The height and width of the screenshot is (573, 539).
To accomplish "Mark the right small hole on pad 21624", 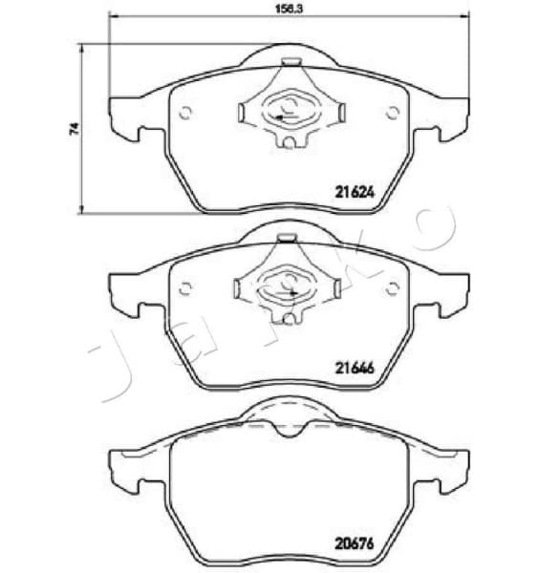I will pyautogui.click(x=391, y=113).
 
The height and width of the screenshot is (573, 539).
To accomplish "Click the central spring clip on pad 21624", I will pyautogui.click(x=288, y=108).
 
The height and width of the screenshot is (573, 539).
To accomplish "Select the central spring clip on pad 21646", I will pyautogui.click(x=288, y=283).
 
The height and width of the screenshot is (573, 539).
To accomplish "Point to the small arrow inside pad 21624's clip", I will pyautogui.click(x=279, y=117).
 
